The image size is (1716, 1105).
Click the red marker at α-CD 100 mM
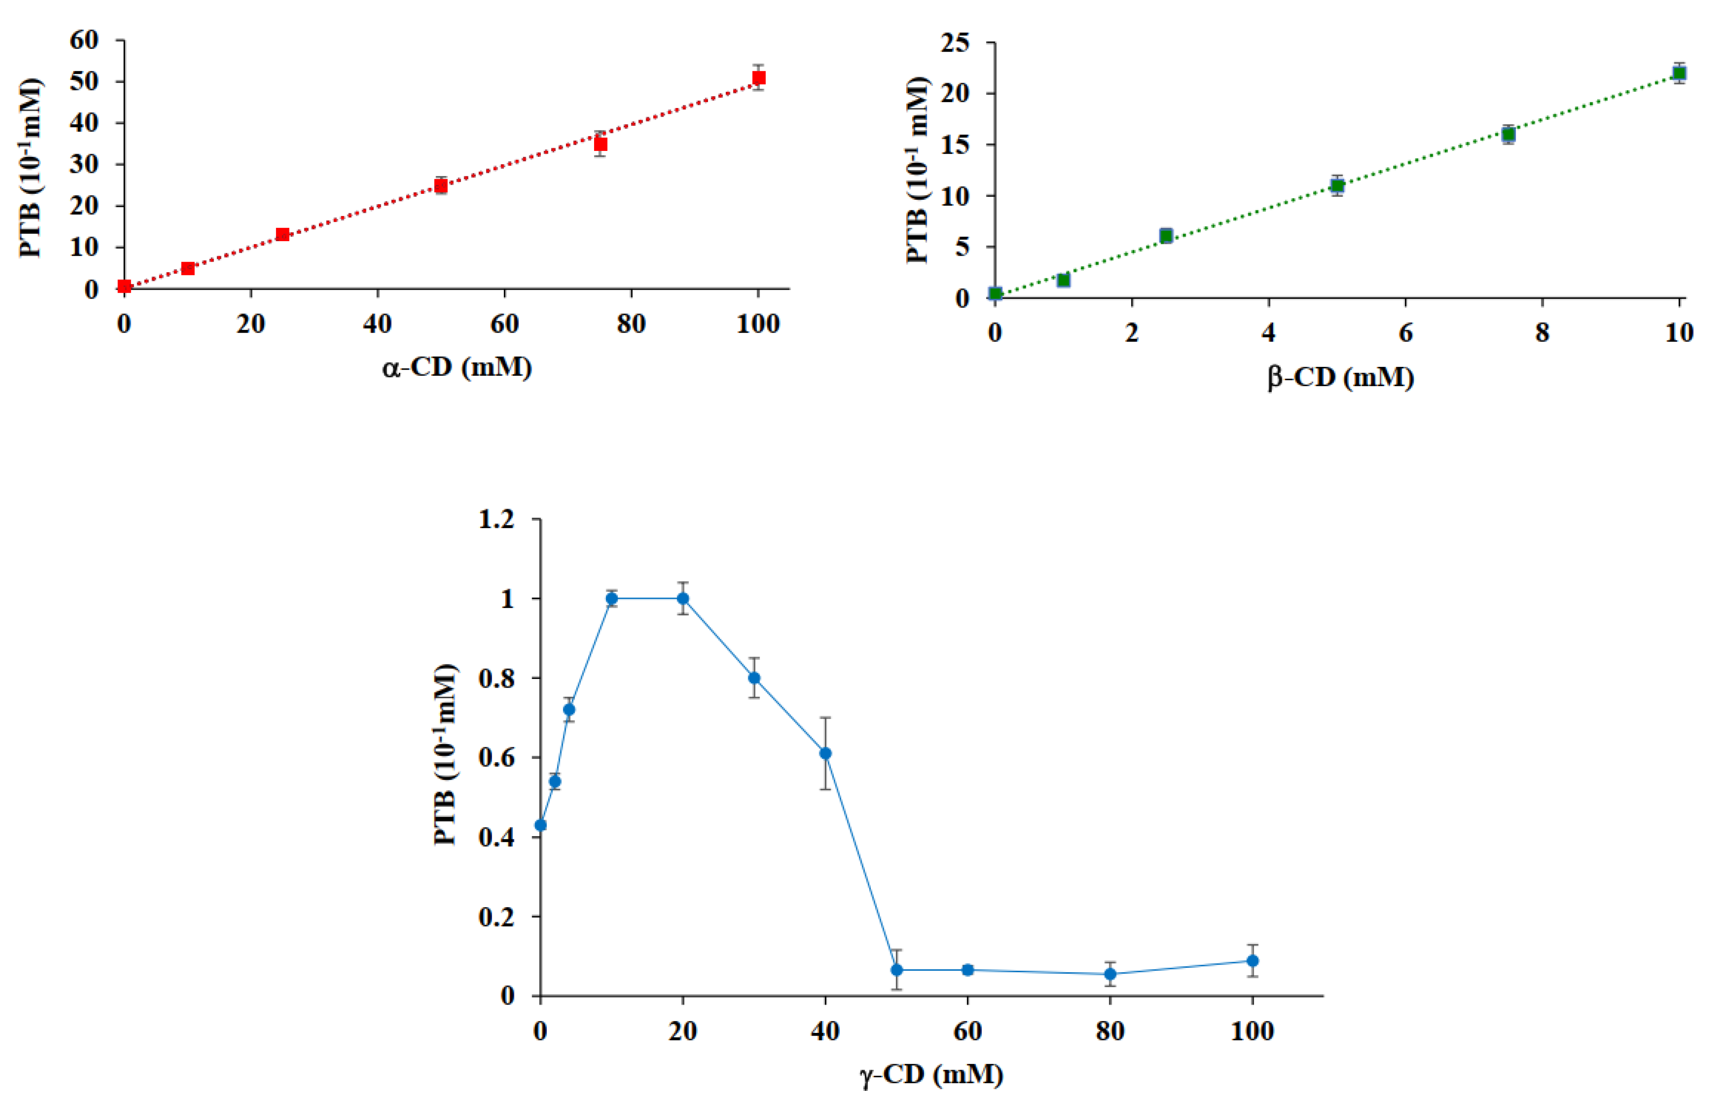758,78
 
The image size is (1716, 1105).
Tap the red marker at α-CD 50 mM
442,186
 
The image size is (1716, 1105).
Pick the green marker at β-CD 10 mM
1679,73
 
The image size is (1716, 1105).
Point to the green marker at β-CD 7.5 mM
1508,134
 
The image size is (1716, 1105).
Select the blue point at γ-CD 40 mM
825,753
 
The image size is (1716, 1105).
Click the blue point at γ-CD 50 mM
896,970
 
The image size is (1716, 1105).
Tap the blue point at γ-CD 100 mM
1252,961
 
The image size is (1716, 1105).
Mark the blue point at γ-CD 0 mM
540,825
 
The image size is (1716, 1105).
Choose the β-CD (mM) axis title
1340,378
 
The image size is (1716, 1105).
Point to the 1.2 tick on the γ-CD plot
497,519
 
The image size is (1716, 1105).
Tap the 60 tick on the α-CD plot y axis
84,40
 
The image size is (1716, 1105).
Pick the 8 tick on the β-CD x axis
1542,333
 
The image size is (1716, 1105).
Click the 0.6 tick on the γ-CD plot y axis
497,758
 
